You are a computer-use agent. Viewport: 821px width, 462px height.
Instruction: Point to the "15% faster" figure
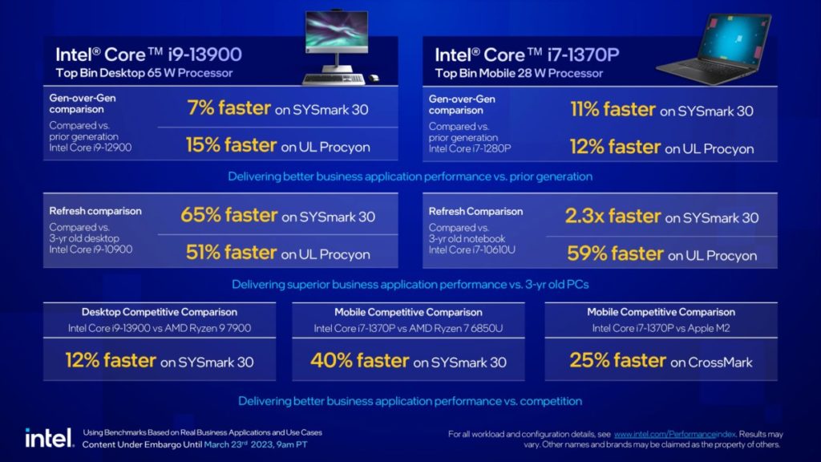click(x=231, y=145)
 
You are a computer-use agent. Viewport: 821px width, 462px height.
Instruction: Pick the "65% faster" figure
click(x=224, y=216)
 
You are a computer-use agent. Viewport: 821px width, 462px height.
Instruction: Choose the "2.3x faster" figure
click(x=613, y=217)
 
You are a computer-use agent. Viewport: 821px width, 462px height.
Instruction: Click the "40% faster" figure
click(x=358, y=361)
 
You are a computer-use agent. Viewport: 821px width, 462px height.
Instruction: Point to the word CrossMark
click(x=721, y=363)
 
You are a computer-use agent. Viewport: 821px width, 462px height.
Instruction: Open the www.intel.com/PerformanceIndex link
click(x=664, y=434)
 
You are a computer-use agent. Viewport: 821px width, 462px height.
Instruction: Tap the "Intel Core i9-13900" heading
click(x=148, y=55)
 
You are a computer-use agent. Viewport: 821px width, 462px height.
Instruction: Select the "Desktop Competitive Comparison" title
click(x=159, y=312)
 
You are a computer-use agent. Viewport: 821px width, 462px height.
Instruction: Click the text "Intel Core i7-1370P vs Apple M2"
click(x=661, y=328)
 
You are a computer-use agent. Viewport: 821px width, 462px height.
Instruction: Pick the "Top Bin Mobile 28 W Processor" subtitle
click(x=519, y=73)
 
